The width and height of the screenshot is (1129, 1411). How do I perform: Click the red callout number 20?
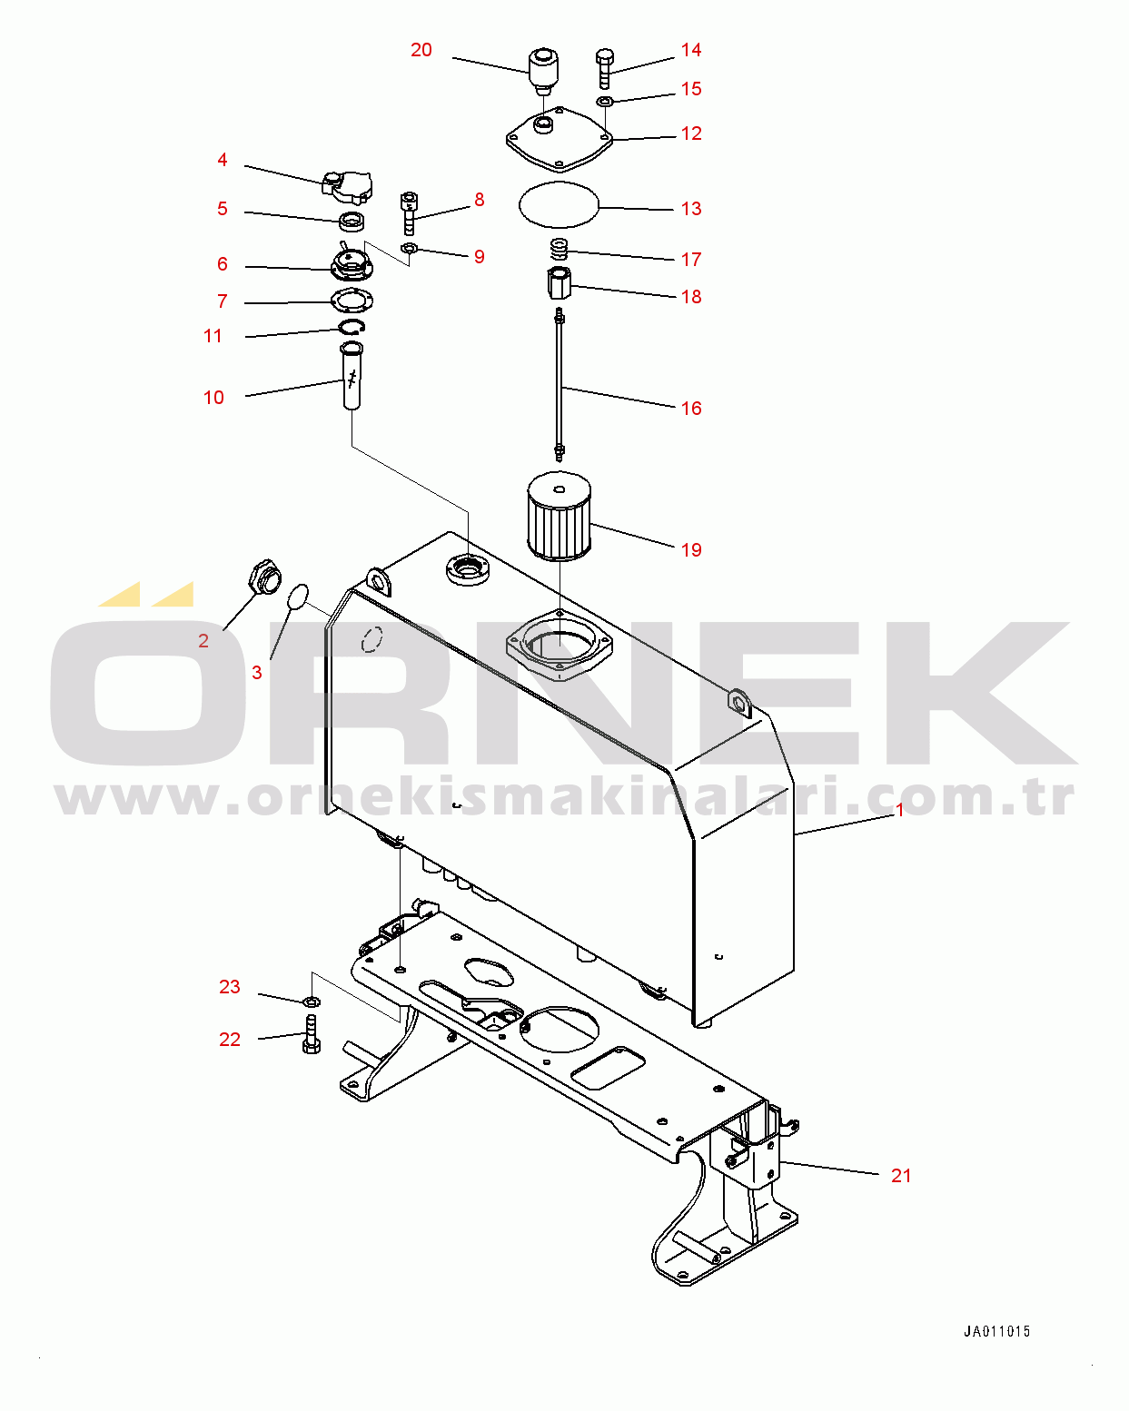tap(421, 50)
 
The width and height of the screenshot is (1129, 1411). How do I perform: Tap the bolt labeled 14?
tap(605, 68)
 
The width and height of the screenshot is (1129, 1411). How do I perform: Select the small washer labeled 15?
tap(605, 101)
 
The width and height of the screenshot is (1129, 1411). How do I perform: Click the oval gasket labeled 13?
tap(559, 205)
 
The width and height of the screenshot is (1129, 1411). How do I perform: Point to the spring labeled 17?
tap(559, 249)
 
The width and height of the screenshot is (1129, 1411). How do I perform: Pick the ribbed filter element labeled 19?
tap(560, 517)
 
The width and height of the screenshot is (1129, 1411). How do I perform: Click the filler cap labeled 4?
tap(348, 187)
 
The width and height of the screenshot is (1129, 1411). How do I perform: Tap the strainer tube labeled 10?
tap(352, 376)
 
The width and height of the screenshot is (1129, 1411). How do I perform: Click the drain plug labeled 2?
tap(263, 577)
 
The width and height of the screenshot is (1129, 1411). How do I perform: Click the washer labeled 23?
tap(311, 1002)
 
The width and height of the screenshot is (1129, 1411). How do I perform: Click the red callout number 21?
tap(901, 1176)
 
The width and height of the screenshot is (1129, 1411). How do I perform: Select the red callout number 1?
tap(900, 810)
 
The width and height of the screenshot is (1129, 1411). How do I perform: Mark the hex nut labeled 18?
tap(559, 282)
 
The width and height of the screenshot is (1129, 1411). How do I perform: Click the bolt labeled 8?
tap(409, 213)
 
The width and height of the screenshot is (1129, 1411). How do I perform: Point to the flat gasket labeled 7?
tap(352, 301)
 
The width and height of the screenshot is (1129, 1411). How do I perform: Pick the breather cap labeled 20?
tap(543, 71)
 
